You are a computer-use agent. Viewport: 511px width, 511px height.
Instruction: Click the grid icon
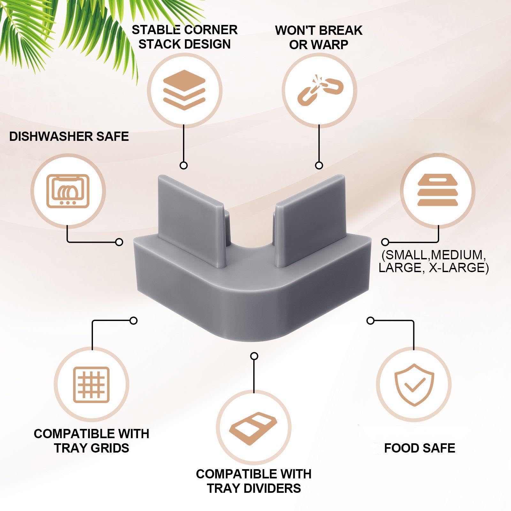point(91,385)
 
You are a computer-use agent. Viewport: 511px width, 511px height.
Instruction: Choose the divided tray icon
point(254,428)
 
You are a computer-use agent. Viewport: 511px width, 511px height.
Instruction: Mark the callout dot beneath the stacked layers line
point(184,165)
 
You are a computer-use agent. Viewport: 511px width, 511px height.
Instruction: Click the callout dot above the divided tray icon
point(254,356)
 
